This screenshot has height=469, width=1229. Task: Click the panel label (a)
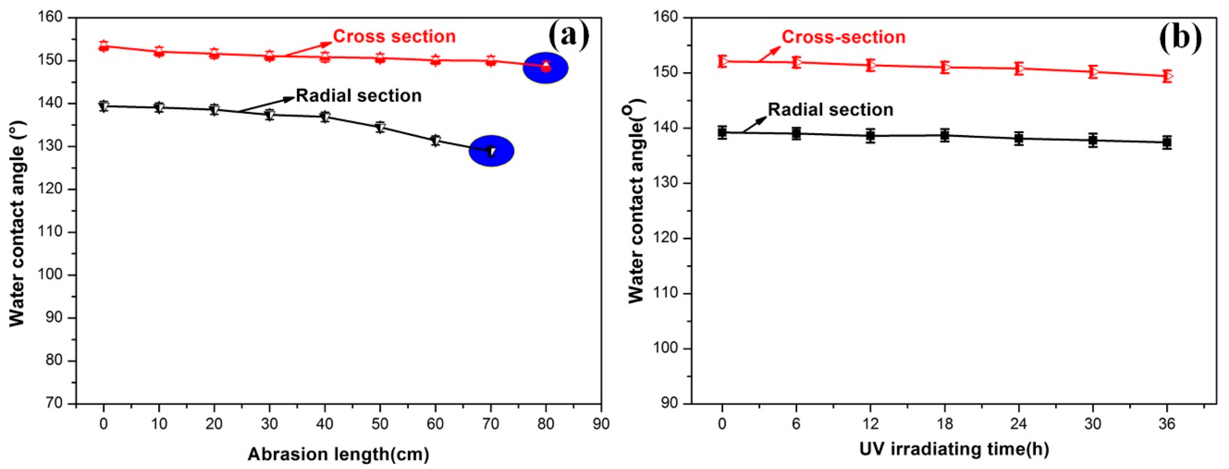click(569, 35)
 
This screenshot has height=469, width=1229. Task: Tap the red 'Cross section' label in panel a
click(394, 36)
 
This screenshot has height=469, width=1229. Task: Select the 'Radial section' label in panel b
click(830, 110)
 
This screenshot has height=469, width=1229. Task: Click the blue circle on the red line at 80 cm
click(546, 68)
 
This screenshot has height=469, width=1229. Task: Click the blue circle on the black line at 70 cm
click(491, 151)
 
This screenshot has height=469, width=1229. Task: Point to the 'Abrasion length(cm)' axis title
click(338, 454)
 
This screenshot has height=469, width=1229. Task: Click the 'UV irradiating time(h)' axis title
click(954, 449)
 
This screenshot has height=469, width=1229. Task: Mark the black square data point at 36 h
click(1166, 142)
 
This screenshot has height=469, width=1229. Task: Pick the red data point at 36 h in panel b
click(1166, 76)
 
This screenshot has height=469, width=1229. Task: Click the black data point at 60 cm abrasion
click(435, 140)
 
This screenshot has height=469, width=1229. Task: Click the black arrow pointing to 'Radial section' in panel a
click(267, 105)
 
